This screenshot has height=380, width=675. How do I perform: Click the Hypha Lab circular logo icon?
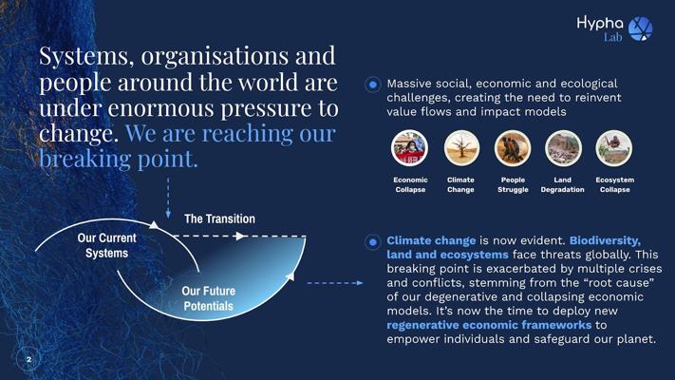coord(641,28)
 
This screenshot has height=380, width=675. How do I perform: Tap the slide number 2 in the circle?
coord(28,359)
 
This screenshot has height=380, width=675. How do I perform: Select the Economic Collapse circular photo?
coord(410,148)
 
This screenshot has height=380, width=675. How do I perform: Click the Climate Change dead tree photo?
coord(461,148)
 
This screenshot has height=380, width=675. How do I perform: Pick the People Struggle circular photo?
coord(513,148)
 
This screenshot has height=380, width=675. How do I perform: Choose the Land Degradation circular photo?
coord(563,148)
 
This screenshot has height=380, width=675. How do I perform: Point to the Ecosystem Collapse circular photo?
coord(614,148)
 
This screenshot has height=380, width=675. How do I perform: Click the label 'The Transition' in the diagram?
coord(219,218)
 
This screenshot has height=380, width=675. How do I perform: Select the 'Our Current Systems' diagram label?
coord(106,245)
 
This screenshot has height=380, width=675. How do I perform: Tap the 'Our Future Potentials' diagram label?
coord(208,298)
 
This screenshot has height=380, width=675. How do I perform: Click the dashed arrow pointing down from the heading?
coord(168,198)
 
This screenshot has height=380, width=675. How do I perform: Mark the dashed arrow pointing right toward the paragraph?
coord(335,283)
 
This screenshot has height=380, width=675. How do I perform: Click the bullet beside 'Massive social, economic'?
coord(373,85)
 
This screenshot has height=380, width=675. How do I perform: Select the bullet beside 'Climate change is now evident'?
coord(373,242)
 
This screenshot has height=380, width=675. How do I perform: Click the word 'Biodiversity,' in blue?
coord(605,240)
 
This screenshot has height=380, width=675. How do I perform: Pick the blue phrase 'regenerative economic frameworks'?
coord(489,325)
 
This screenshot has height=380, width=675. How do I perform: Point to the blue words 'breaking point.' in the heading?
coord(119,158)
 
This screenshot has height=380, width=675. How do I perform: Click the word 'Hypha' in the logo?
coord(600,23)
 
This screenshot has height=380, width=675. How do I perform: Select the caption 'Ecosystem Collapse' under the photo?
coord(615,184)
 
